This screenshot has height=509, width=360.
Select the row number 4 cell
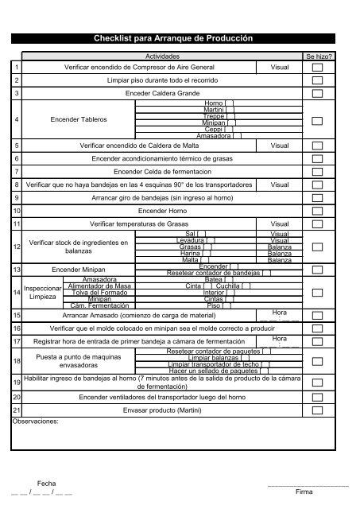pyautogui.click(x=16, y=119)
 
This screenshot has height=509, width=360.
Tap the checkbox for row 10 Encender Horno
pyautogui.click(x=318, y=211)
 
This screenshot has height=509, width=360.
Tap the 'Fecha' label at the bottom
pyautogui.click(x=48, y=483)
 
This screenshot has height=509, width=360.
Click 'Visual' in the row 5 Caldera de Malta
pyautogui.click(x=280, y=146)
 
